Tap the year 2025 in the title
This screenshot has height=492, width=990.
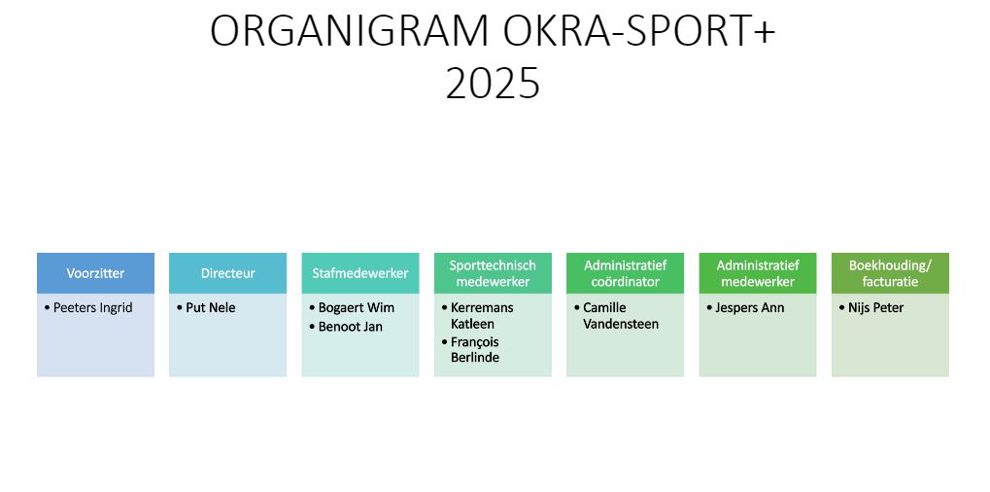[x=494, y=84]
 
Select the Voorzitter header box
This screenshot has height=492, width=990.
[x=95, y=273]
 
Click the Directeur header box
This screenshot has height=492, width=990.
[x=228, y=273]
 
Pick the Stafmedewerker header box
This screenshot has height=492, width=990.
[x=360, y=273]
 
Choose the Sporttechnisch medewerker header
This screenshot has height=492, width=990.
[x=493, y=273]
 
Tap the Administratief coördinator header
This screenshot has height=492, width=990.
[x=625, y=273]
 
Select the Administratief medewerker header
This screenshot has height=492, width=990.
[x=758, y=273]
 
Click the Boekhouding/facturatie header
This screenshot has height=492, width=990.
[x=890, y=273]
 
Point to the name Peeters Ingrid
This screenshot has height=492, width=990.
[x=93, y=308]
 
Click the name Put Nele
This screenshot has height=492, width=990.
[x=210, y=308]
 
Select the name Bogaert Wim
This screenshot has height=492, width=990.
[x=357, y=308]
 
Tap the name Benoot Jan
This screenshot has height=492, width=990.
[x=351, y=327]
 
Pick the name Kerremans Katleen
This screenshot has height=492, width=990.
[x=482, y=316]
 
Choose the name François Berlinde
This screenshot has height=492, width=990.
[x=475, y=350]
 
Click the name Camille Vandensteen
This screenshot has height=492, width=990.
[x=621, y=316]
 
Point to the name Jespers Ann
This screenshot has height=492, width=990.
[x=749, y=308]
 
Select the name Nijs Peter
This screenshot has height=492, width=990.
[x=875, y=308]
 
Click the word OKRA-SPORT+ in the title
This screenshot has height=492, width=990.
[x=639, y=30]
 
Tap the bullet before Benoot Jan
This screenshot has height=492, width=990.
[x=312, y=327]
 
